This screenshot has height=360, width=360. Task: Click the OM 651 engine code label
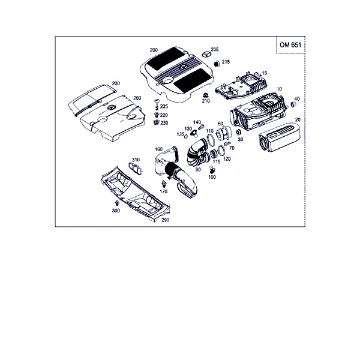click(290, 45)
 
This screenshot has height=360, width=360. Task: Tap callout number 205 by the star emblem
click(214, 49)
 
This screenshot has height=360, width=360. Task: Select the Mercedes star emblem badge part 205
click(206, 54)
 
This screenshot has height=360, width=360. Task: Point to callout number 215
click(226, 62)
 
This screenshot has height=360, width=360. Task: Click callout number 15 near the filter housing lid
click(265, 73)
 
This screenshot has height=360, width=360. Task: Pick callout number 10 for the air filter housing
click(279, 89)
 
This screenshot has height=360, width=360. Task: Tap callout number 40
click(297, 99)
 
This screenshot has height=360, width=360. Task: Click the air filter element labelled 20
click(280, 137)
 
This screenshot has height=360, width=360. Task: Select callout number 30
click(240, 139)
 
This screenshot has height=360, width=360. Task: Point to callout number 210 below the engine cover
click(206, 101)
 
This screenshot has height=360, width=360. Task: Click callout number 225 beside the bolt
click(164, 106)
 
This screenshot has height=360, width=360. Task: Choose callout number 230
click(164, 123)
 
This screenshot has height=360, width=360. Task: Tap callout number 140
click(197, 122)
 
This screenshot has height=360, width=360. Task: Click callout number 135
click(181, 134)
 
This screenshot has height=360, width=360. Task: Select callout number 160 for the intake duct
click(158, 149)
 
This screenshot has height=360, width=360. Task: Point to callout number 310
click(136, 160)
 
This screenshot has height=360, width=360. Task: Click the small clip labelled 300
click(118, 203)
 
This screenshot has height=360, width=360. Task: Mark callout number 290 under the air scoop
click(166, 220)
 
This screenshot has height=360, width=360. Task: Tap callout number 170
click(163, 191)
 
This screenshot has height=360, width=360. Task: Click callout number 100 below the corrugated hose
click(212, 177)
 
